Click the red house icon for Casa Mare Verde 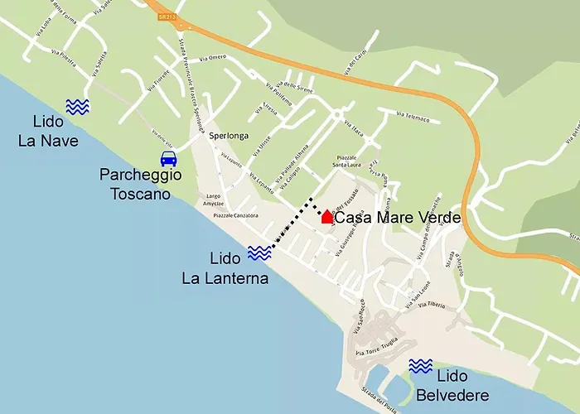point(327,217)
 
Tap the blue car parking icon point(168,158)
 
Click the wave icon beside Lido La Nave point(78,106)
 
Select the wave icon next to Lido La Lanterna point(259,253)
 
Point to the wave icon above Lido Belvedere point(421,366)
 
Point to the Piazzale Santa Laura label point(351,161)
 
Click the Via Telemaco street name point(413,117)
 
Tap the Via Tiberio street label point(436,306)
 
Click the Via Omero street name point(212,57)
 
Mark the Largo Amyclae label point(213,200)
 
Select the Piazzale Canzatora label point(236,215)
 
